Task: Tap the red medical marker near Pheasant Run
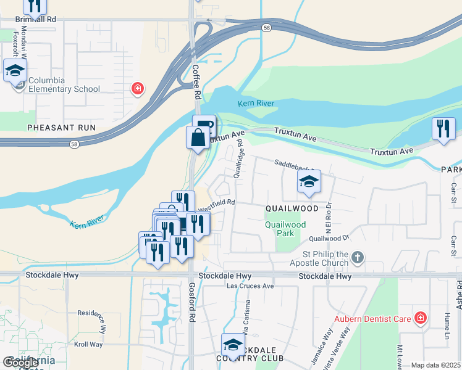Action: (137, 89)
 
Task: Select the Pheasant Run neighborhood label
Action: (61, 127)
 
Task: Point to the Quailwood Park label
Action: (285, 229)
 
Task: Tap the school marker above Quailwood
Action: (309, 182)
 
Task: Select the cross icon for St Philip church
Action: (358, 255)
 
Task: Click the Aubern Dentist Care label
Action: (372, 319)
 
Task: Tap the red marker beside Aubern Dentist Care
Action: (421, 318)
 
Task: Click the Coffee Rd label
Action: (197, 83)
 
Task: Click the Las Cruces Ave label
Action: (250, 286)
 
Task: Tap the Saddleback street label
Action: (295, 165)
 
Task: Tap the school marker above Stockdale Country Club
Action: (233, 345)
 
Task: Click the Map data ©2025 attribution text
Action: (435, 365)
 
